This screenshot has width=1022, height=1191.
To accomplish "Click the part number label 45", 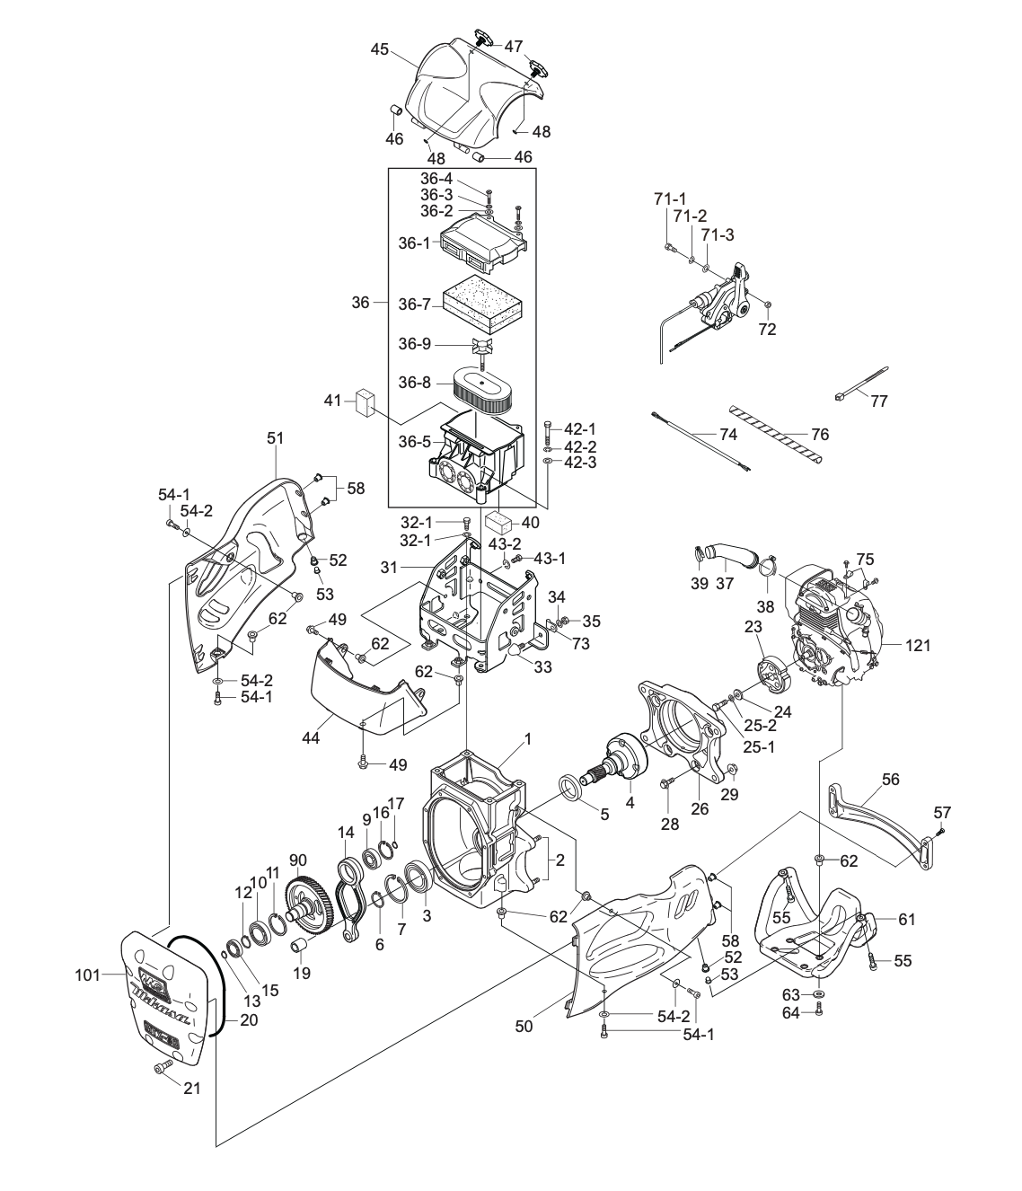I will coord(379,49).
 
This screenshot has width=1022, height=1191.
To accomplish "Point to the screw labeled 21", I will coord(162,1067).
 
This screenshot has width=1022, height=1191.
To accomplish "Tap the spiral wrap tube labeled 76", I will coord(776,434).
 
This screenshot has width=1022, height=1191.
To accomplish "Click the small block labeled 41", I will coord(364,401).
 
